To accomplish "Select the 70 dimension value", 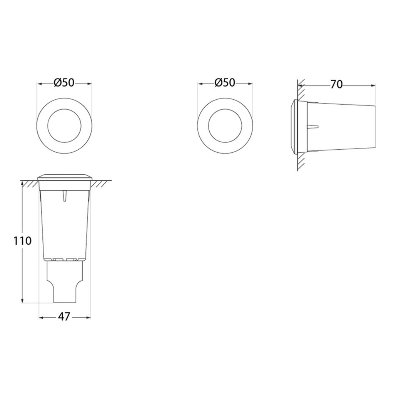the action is (x=336, y=85).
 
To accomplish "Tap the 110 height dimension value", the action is (x=22, y=241).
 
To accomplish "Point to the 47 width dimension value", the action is (x=64, y=316).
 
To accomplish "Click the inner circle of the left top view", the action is (x=64, y=109).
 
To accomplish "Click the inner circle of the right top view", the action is (x=225, y=109).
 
